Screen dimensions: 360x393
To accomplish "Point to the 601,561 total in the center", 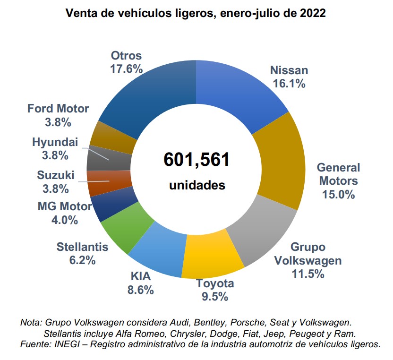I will [x=196, y=159].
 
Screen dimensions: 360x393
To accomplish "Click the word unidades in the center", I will [x=197, y=185].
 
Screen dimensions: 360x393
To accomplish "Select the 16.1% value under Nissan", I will [x=289, y=84].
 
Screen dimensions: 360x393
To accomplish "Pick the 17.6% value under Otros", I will [x=126, y=69].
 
